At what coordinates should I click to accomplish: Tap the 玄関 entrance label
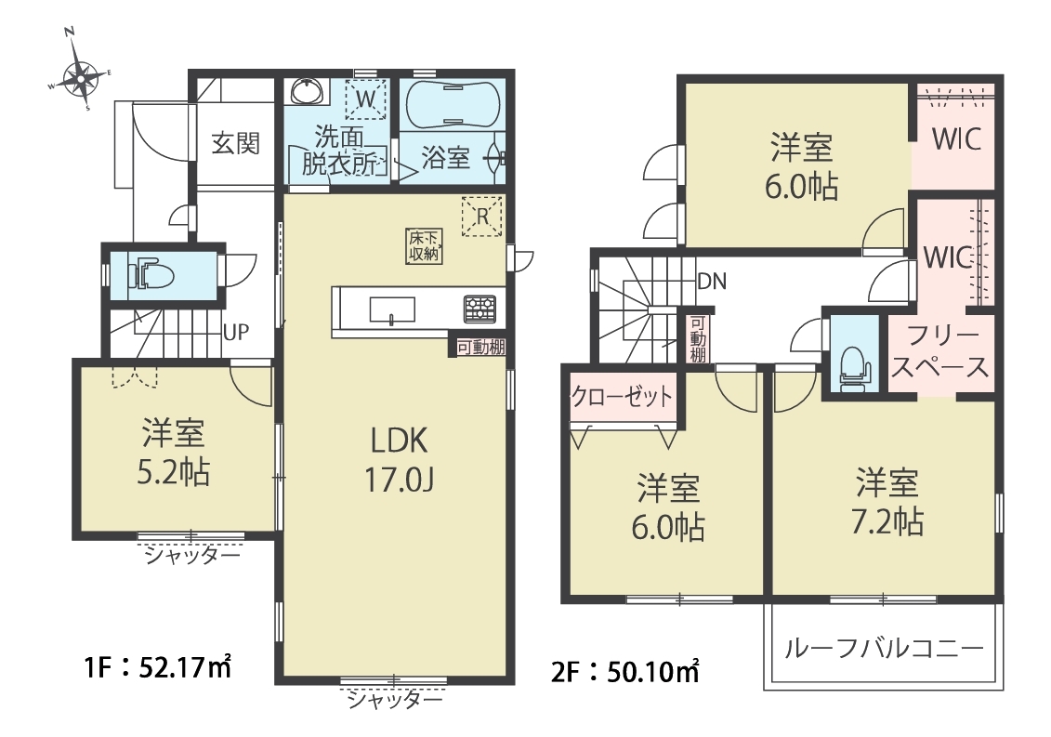point(235,143)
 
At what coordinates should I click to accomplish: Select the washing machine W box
point(366,99)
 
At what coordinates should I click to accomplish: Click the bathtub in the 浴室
point(453,103)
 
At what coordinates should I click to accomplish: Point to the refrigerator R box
point(482,216)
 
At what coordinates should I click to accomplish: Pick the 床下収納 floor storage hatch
point(424,246)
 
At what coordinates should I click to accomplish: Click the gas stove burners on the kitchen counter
point(480,309)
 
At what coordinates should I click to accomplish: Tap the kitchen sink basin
point(392,309)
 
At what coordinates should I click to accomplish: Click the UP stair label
point(235,332)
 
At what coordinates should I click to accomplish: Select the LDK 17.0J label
point(400,460)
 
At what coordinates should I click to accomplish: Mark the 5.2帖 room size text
point(174,473)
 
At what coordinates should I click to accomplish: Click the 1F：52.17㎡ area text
point(158,667)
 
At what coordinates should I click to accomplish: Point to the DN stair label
point(712,281)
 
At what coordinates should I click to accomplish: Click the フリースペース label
point(939,351)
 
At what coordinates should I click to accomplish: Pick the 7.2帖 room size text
point(887,521)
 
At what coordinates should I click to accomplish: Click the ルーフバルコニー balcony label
point(884,648)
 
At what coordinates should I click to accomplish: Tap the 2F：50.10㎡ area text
point(626,671)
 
